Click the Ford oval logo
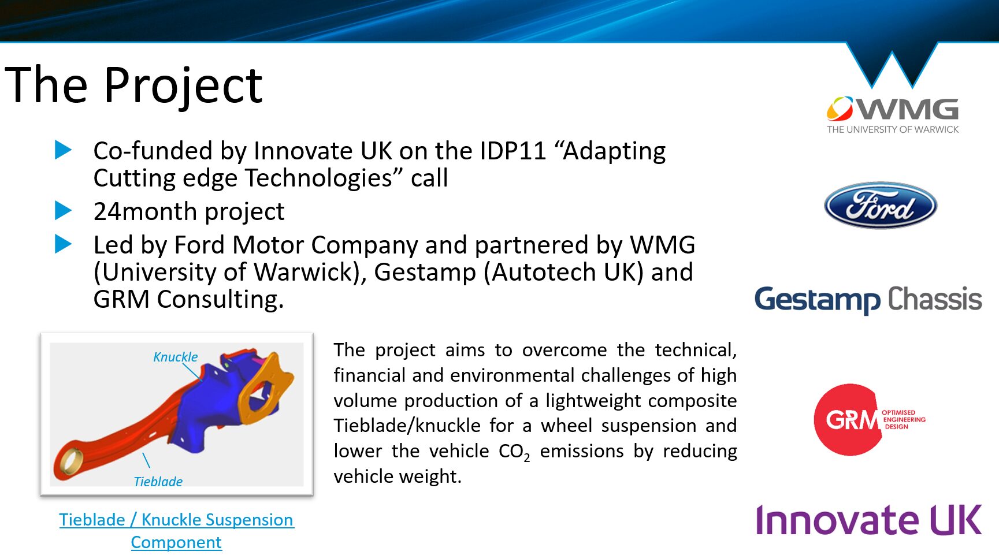click(x=881, y=206)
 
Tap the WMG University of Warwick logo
click(x=893, y=115)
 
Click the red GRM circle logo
click(x=848, y=420)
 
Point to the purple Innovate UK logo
click(x=868, y=520)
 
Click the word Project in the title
click(x=184, y=85)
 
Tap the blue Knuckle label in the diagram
click(x=176, y=357)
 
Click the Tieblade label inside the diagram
click(x=158, y=482)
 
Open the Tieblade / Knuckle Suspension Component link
click(x=176, y=531)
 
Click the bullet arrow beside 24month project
click(x=63, y=211)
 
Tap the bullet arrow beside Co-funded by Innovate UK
click(x=63, y=150)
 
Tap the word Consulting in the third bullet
click(x=220, y=300)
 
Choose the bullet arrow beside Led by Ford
click(x=63, y=244)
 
